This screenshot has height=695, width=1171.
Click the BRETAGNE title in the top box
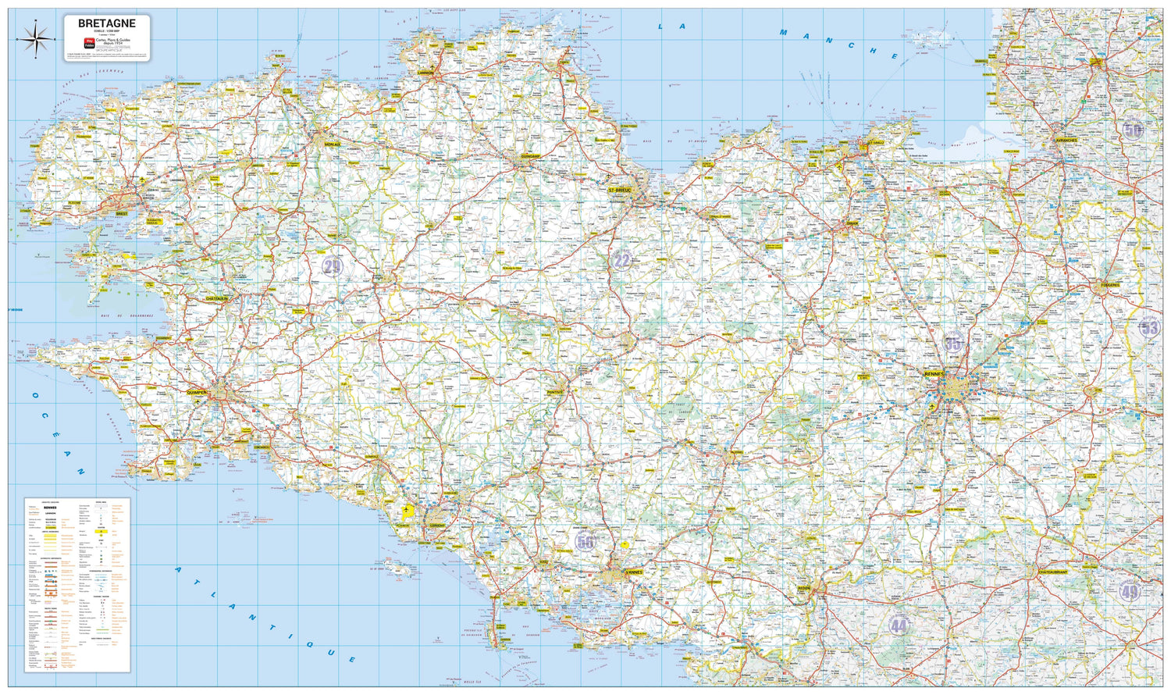point(107,23)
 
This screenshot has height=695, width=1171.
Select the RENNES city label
point(934,374)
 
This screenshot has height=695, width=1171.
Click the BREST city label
point(121,212)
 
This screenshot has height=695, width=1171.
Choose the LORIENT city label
point(437,525)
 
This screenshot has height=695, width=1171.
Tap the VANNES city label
point(634,572)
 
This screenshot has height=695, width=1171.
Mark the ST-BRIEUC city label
point(621,190)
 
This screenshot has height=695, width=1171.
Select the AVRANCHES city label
point(1066,140)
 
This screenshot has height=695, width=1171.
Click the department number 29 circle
point(333,266)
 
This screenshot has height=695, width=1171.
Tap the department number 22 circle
point(621,261)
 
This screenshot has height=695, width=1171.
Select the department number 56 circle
point(585,540)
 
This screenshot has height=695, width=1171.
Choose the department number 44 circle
point(899,625)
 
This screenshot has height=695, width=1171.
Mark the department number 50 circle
point(1133,130)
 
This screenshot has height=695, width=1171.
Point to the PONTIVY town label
point(555,392)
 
